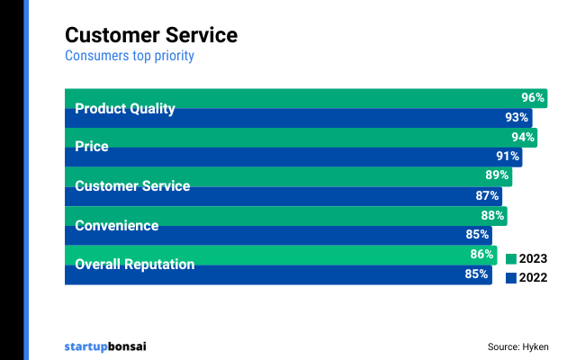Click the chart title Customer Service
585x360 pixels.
[x=151, y=35]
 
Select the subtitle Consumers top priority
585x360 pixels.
[x=130, y=56]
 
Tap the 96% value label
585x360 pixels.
[x=533, y=98]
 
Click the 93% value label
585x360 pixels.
[x=517, y=118]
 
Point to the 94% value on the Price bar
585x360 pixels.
[x=523, y=138]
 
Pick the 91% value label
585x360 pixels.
[x=508, y=157]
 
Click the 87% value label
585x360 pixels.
[x=487, y=196]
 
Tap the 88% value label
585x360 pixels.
[x=492, y=216]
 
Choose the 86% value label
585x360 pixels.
[x=481, y=255]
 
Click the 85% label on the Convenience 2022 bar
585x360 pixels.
[x=477, y=235]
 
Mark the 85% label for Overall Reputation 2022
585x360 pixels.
[x=477, y=274]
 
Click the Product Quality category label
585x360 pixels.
[x=124, y=109]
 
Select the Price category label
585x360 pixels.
[x=91, y=147]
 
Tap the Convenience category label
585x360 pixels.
[x=116, y=225]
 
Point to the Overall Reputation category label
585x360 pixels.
[x=134, y=265]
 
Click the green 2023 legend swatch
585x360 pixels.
[x=511, y=259]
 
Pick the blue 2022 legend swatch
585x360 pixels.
[x=511, y=278]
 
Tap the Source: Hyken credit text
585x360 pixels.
[x=517, y=346]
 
